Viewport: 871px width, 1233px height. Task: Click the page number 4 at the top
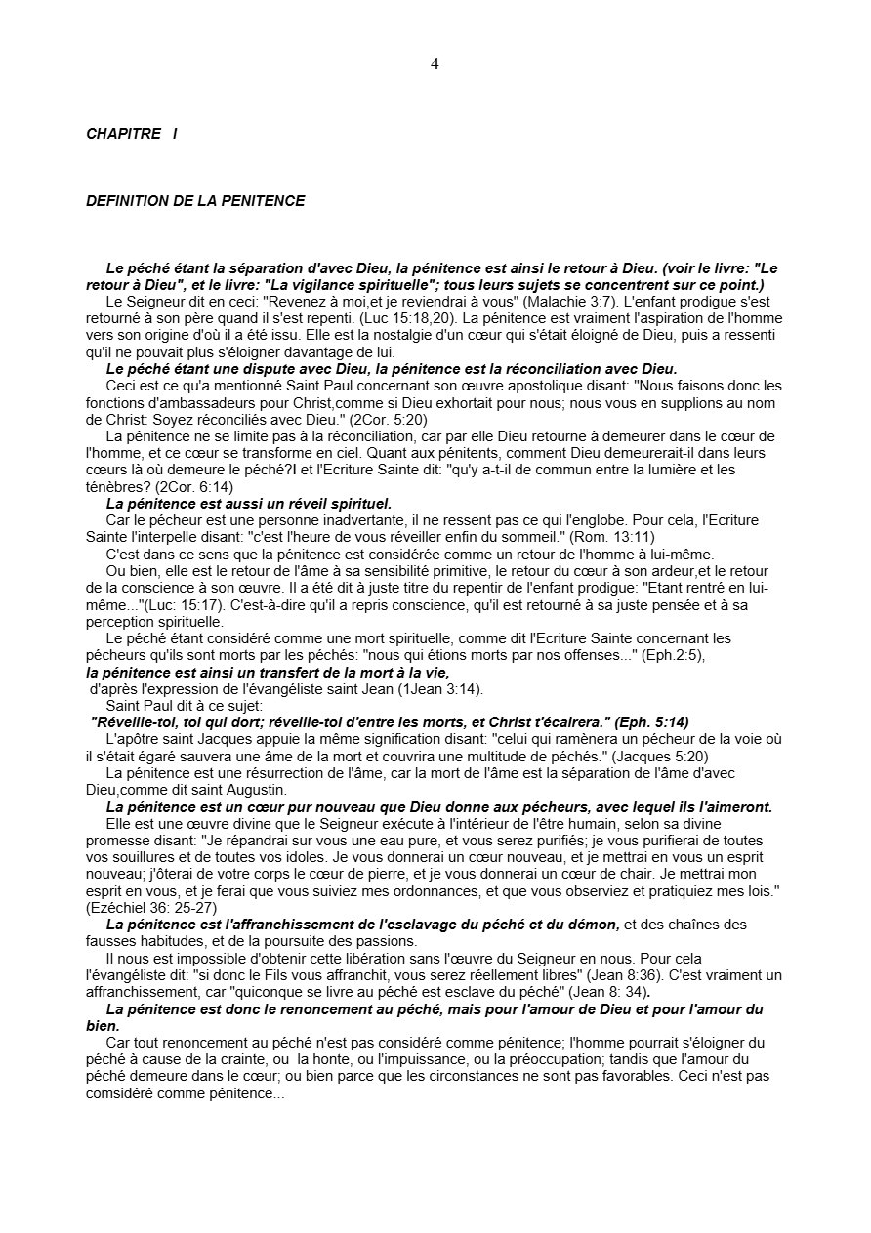435,64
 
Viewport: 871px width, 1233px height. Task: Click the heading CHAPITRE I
132,134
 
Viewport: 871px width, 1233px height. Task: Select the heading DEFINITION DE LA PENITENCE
195,201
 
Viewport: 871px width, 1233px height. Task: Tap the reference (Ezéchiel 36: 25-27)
143,908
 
